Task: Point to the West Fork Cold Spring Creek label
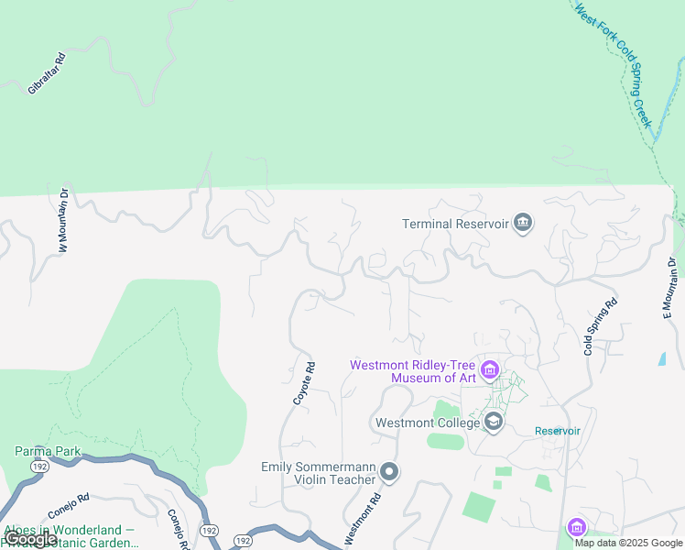pos(613,64)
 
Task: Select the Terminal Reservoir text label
pos(455,223)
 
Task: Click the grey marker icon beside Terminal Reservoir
pos(523,223)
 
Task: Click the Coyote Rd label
pos(304,384)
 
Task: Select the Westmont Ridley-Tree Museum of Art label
pos(413,371)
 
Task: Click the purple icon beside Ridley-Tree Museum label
pos(490,371)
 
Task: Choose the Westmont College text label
pos(428,423)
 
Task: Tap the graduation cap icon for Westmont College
pos(494,422)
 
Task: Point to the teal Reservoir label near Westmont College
pos(558,431)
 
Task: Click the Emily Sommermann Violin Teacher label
pos(319,473)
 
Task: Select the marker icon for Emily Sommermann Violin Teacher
pos(389,473)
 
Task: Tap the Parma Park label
pos(49,450)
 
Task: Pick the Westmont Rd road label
pos(362,521)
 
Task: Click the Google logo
pos(31,539)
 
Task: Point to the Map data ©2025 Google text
pos(628,543)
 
